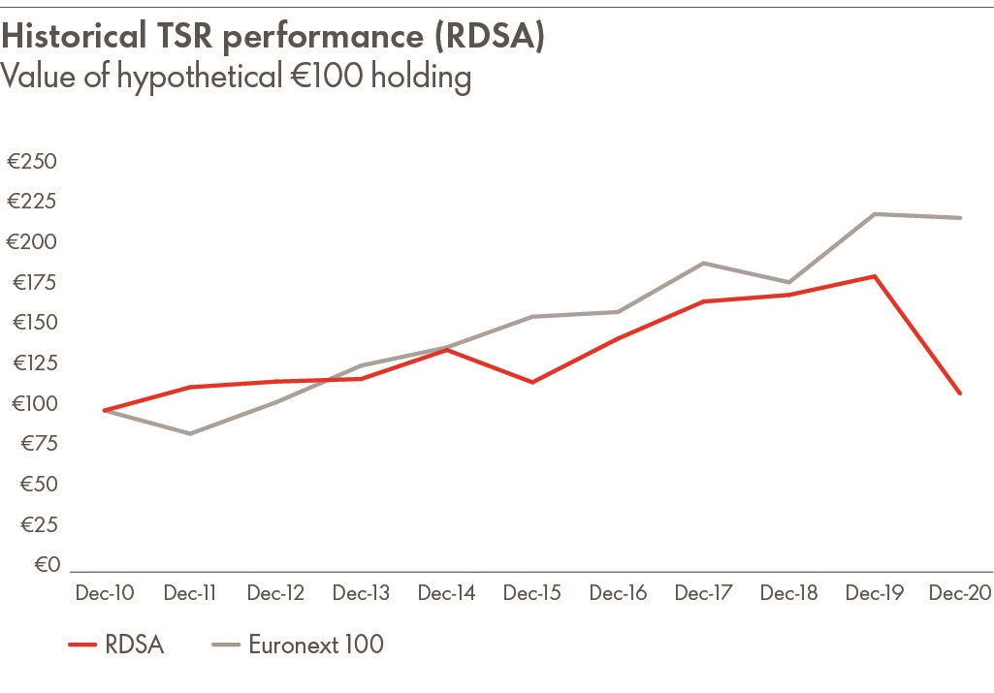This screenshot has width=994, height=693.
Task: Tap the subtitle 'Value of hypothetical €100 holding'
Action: (236, 76)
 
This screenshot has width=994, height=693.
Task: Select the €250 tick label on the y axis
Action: (32, 161)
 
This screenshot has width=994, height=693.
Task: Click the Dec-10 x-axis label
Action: (105, 593)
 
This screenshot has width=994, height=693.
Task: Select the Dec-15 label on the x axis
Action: (532, 593)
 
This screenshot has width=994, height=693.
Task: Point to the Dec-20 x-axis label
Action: (960, 593)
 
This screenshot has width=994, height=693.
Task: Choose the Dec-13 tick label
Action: (361, 593)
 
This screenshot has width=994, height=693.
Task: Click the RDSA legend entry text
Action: (135, 645)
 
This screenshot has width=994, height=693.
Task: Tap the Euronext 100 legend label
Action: (316, 645)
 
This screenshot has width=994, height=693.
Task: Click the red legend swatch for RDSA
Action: (83, 645)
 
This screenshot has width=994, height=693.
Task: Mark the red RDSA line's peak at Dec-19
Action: (875, 276)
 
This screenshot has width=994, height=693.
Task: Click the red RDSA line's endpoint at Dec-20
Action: (960, 394)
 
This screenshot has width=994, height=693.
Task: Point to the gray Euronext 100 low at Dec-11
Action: (190, 433)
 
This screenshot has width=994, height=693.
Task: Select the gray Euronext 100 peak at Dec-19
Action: (875, 213)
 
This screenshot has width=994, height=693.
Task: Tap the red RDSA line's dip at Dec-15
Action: (532, 382)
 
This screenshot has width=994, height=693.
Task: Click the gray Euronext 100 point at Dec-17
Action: (704, 263)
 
